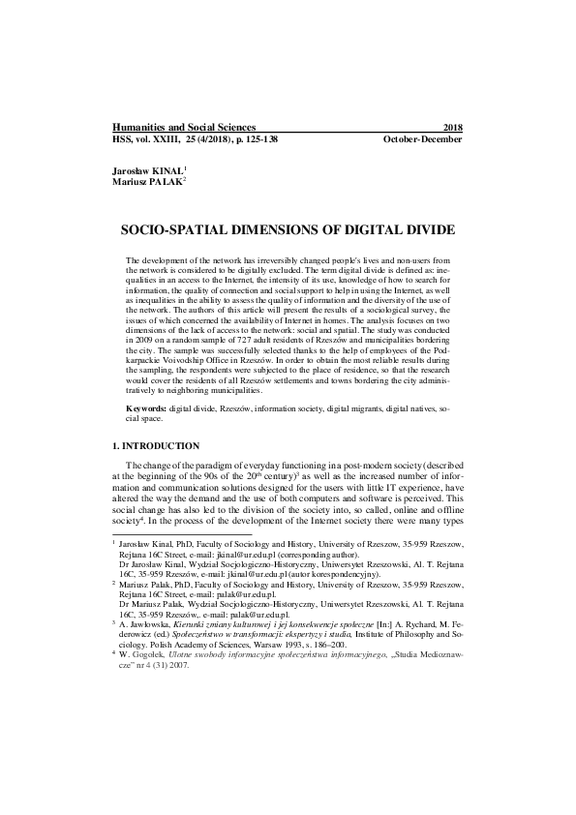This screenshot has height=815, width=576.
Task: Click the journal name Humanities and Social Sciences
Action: (x=185, y=127)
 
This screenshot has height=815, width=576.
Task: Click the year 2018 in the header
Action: (x=452, y=127)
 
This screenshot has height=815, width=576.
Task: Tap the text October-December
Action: (x=423, y=139)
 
